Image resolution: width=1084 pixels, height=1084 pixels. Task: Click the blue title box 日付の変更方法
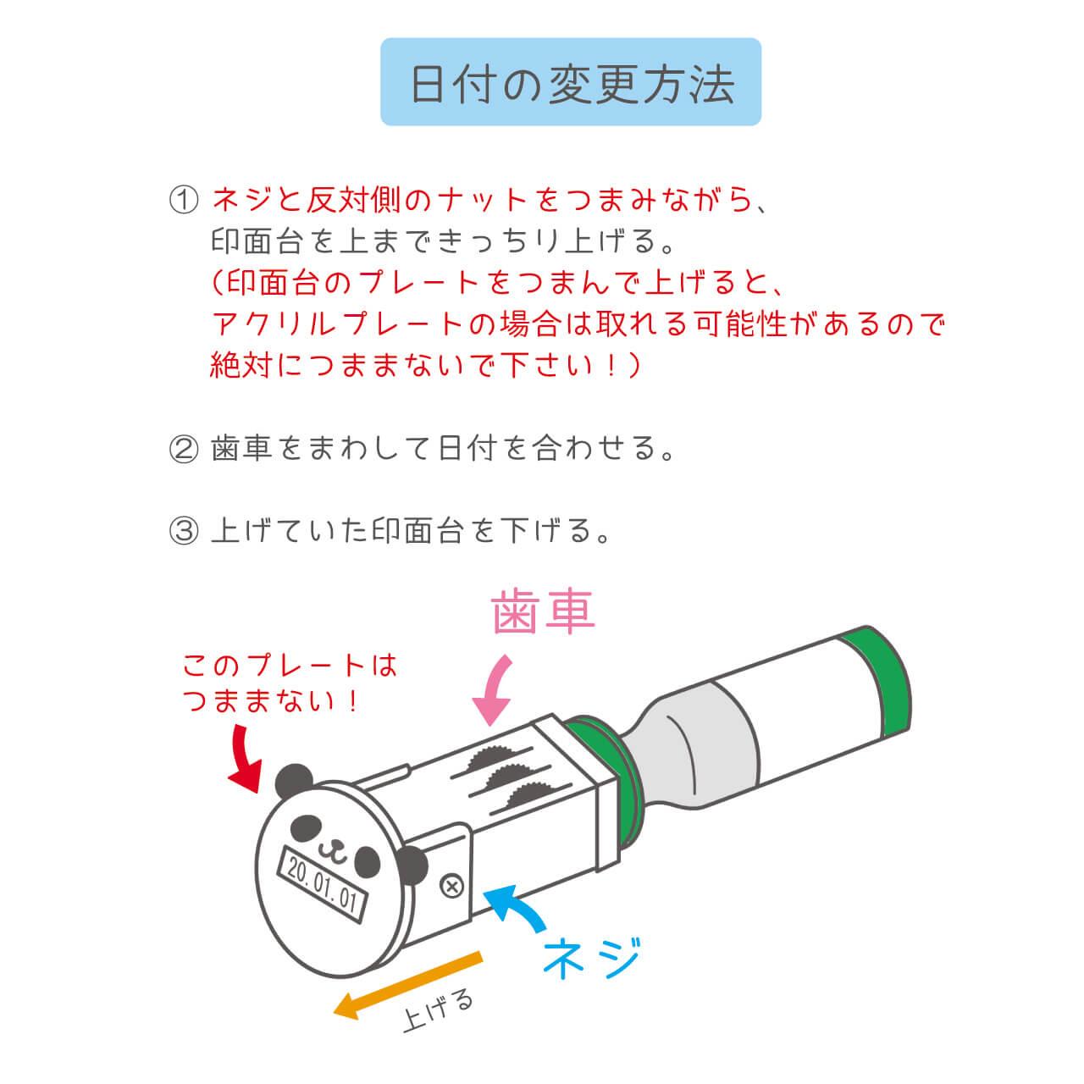[571, 82]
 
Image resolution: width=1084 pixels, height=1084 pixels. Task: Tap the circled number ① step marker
[184, 200]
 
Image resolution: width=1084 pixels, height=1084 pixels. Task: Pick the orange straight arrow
[408, 984]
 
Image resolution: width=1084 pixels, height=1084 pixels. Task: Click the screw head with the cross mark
[451, 888]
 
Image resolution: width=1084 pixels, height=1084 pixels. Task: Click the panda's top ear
[294, 782]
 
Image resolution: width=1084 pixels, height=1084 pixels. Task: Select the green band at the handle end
[877, 683]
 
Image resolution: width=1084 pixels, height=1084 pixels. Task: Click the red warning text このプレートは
[290, 665]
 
